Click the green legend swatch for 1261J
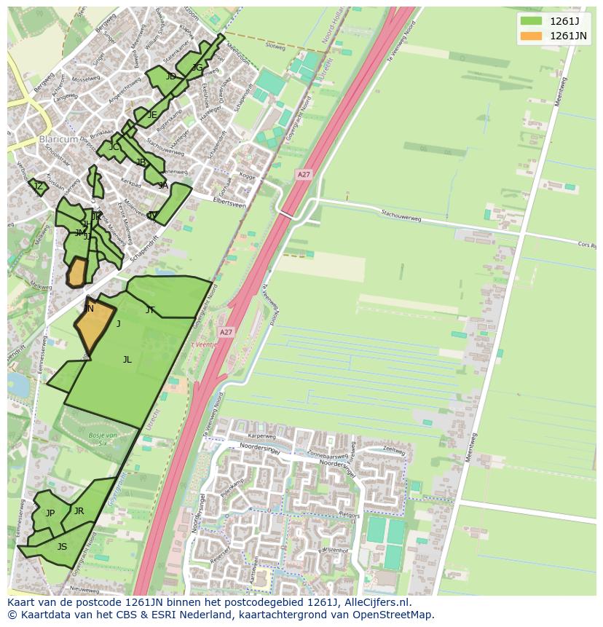point(532,20)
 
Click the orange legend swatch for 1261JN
point(532,36)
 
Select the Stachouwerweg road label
point(402,214)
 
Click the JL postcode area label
point(127,360)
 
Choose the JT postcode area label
point(150,310)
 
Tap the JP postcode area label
point(50,513)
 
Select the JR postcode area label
point(79,511)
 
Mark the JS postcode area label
point(62,547)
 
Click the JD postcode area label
point(170,76)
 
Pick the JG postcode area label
point(197,68)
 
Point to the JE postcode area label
point(152,115)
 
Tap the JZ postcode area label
point(39,186)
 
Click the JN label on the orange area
point(89,309)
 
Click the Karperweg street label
point(261,435)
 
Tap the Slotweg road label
point(275,45)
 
